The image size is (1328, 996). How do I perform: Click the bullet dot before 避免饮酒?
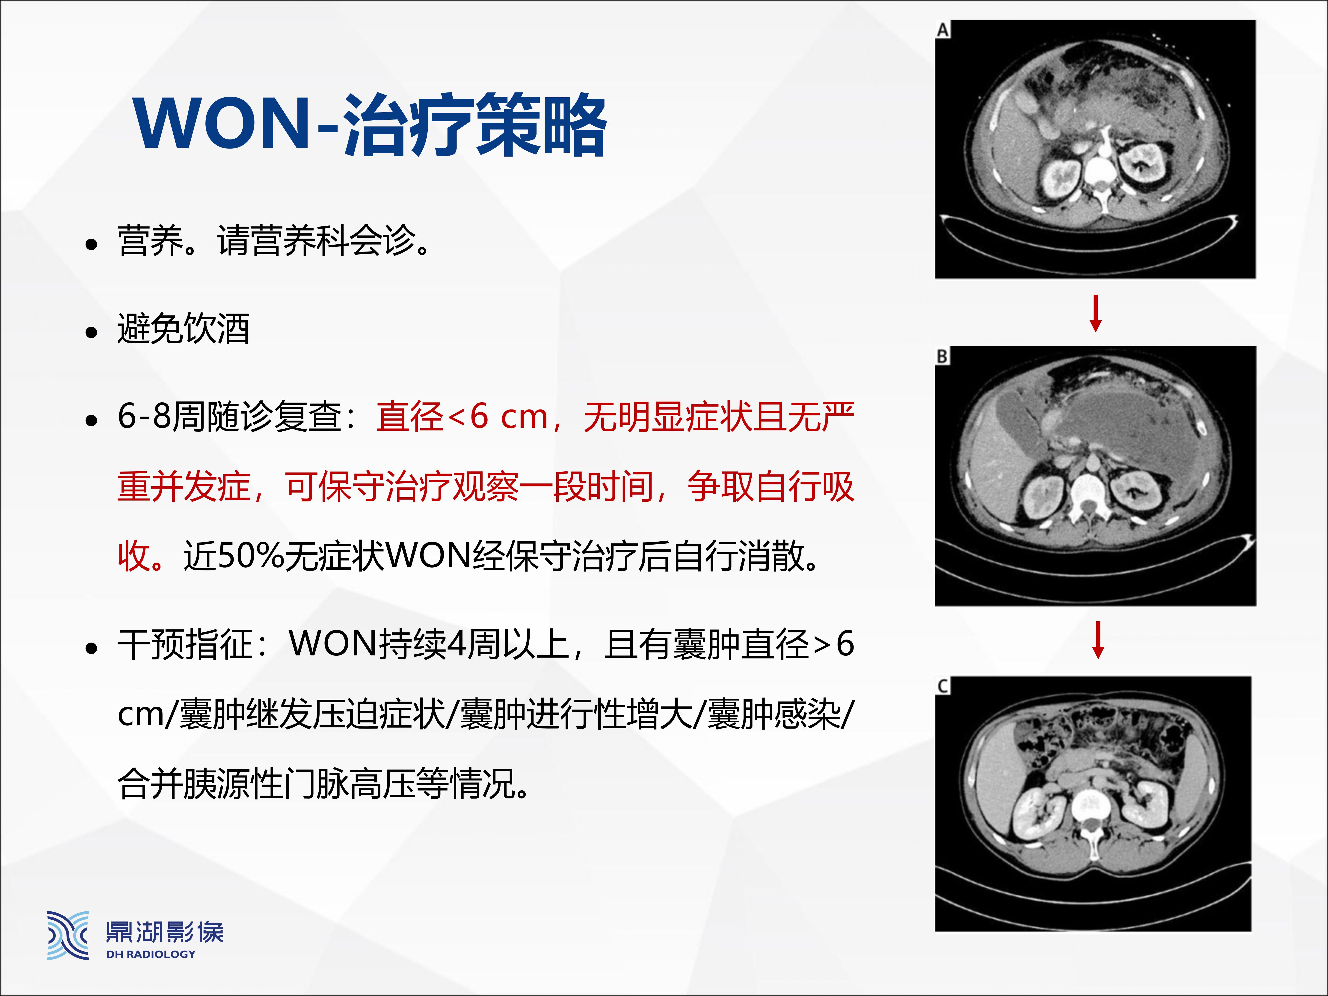pyautogui.click(x=91, y=332)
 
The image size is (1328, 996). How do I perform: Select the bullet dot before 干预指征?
pyautogui.click(x=91, y=648)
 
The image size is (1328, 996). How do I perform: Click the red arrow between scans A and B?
pyautogui.click(x=1096, y=313)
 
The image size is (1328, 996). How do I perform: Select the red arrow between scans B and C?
pyautogui.click(x=1098, y=640)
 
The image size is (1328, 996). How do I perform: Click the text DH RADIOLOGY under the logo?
pyautogui.click(x=151, y=954)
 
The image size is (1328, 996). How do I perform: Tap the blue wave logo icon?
pyautogui.click(x=68, y=935)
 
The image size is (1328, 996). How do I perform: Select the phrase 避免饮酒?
pyautogui.click(x=183, y=329)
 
